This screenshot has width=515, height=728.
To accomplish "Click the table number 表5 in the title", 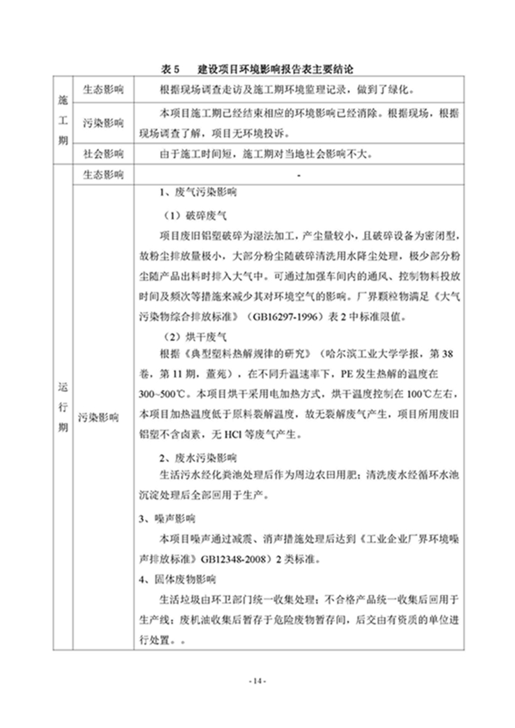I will click(x=171, y=70).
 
